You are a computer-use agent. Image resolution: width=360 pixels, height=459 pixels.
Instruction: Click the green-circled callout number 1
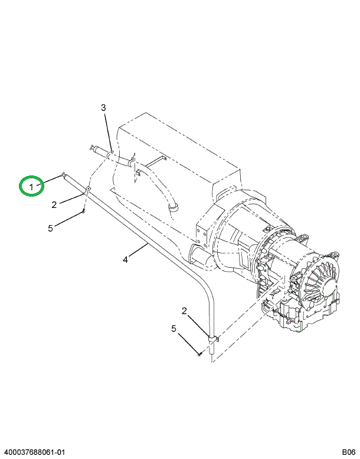click(x=31, y=187)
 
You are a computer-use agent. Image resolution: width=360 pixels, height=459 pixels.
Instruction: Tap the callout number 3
click(x=103, y=108)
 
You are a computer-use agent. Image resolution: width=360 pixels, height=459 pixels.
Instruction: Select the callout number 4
click(x=125, y=259)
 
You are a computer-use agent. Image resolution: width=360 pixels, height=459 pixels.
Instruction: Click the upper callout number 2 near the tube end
click(x=54, y=204)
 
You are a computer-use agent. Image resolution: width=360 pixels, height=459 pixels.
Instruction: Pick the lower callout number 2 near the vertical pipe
click(x=184, y=311)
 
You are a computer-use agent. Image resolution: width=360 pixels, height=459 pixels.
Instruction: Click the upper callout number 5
click(x=51, y=228)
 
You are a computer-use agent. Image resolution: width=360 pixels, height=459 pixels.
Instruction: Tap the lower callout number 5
click(x=174, y=328)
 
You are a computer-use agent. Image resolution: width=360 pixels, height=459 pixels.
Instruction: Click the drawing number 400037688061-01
click(x=32, y=453)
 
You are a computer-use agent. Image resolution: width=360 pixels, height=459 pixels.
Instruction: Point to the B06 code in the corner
click(x=349, y=453)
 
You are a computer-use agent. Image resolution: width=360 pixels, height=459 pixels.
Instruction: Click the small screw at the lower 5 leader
click(x=199, y=354)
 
